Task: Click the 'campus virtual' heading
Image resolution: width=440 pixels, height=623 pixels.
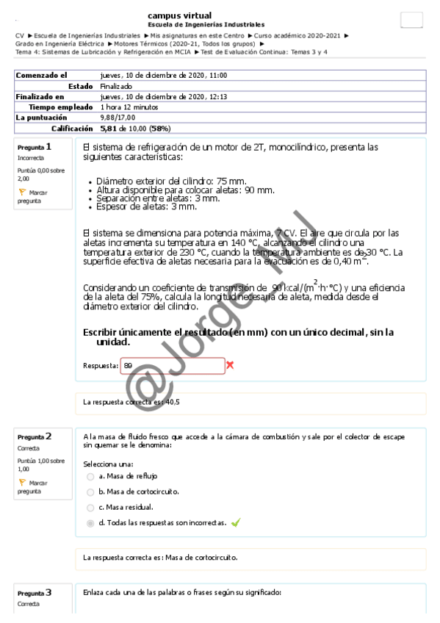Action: (180, 15)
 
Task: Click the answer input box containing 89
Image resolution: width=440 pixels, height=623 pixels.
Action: (172, 365)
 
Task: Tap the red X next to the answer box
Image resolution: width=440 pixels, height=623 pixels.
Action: (231, 365)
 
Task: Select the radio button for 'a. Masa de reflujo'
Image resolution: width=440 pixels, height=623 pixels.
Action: (90, 476)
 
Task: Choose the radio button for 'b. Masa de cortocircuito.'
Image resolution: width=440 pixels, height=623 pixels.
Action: (90, 491)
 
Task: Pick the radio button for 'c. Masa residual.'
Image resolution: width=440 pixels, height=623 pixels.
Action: (90, 507)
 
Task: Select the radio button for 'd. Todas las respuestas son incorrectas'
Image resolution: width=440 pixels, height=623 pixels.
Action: (90, 522)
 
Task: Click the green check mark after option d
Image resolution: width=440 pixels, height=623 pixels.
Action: (236, 522)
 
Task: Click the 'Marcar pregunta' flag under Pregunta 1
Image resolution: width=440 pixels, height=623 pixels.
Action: (22, 191)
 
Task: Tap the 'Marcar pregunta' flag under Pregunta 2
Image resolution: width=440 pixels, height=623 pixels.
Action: (22, 483)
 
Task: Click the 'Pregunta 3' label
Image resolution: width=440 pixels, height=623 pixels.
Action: (35, 592)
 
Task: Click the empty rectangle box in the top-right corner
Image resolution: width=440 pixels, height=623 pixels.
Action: (411, 21)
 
